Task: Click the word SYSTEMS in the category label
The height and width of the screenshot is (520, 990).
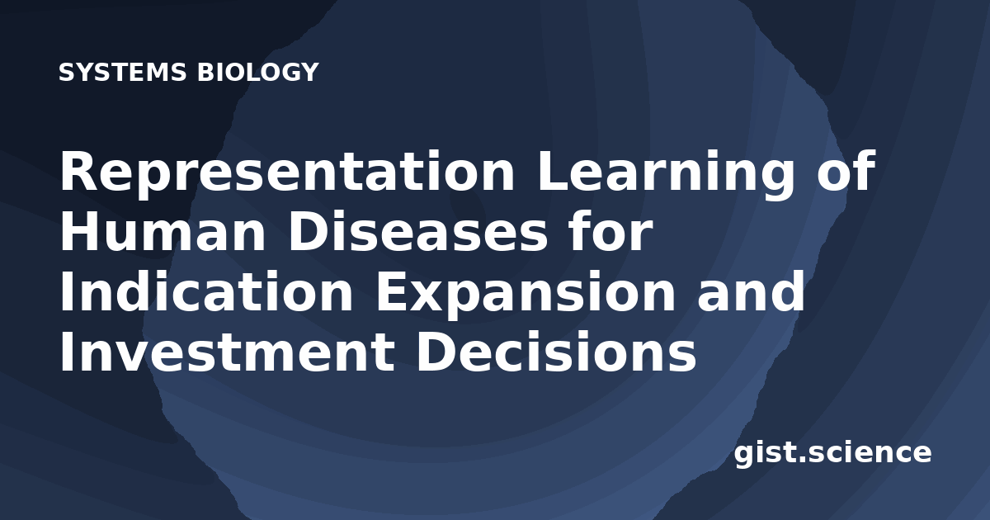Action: tap(122, 73)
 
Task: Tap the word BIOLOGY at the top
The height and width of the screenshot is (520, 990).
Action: tap(258, 73)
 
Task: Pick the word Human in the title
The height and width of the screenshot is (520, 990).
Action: tap(163, 231)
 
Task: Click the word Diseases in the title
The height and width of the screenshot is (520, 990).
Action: tap(417, 231)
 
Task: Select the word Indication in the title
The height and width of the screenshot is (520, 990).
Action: tap(206, 291)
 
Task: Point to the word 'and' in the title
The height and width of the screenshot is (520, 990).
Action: tap(751, 291)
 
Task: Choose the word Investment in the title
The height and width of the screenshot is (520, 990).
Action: tap(227, 352)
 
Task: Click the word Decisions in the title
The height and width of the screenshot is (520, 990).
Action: tap(556, 351)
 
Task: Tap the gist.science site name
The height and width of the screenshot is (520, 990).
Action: tap(832, 454)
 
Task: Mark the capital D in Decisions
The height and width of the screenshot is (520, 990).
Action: tap(437, 352)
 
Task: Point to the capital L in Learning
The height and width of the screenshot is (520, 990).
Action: tap(553, 171)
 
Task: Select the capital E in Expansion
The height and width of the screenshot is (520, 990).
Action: tap(393, 291)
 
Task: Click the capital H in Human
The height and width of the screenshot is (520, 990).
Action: tap(80, 231)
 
